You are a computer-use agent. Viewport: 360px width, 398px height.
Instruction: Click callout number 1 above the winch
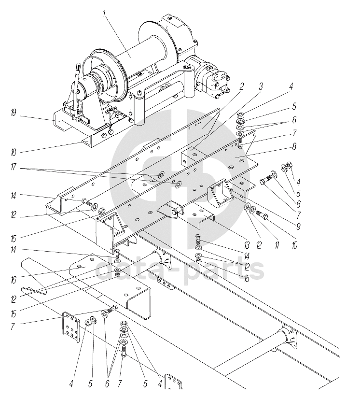[x=104, y=14]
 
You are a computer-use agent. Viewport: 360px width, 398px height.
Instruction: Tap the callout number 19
[x=13, y=113]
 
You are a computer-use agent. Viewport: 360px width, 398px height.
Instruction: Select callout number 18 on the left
[x=13, y=152]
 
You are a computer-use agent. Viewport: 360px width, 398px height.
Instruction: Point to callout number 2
[x=241, y=86]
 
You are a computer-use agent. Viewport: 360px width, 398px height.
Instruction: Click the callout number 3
[x=261, y=86]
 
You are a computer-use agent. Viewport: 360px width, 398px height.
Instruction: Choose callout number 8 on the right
[x=294, y=146]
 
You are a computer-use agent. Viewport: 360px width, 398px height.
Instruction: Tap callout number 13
[x=247, y=245]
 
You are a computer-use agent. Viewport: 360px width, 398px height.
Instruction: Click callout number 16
[x=13, y=280]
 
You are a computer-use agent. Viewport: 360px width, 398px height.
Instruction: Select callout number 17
[x=13, y=167]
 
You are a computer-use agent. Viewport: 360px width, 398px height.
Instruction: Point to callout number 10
[x=294, y=245]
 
